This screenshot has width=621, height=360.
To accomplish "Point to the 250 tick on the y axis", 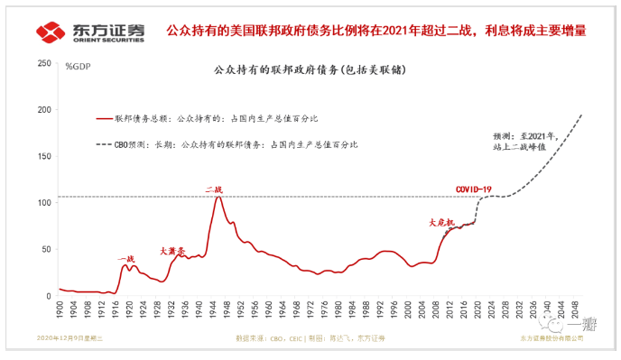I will coord(42,63).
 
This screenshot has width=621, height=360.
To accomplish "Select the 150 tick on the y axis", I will coord(42,156).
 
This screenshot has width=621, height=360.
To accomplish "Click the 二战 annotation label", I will coord(213,189).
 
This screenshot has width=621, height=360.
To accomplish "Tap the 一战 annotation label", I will coord(125,259).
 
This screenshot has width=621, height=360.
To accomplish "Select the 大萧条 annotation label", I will coord(171,251).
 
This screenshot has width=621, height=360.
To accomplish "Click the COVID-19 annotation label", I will coord(475,189).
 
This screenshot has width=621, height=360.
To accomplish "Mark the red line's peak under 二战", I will coord(218,196).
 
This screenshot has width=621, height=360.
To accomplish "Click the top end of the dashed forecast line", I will coord(582,114).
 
